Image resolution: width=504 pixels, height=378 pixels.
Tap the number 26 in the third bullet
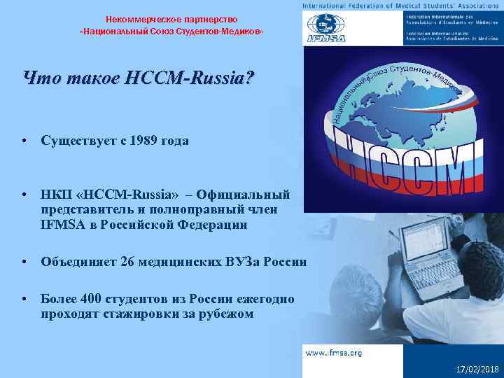tap(127, 262)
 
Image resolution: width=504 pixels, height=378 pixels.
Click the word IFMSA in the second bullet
tap(60, 224)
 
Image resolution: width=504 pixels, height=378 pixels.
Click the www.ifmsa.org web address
tap(333, 353)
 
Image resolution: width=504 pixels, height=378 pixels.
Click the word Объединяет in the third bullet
tap(78, 262)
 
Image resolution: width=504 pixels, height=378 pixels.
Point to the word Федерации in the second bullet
tap(213, 224)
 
